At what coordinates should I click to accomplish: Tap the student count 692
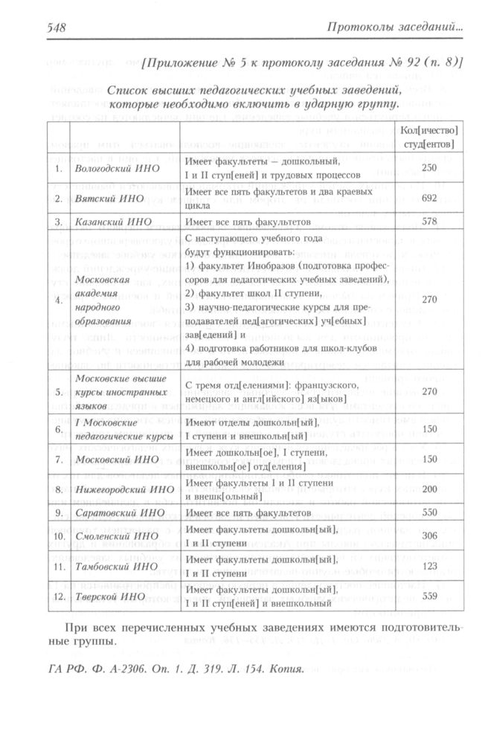tap(428, 199)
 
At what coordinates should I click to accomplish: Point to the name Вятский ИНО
tap(102, 199)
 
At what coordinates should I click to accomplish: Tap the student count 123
tap(428, 567)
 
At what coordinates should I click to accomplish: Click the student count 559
tap(428, 596)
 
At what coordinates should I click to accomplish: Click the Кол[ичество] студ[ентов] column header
tap(428, 137)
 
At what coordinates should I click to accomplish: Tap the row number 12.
tap(59, 596)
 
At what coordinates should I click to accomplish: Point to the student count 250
tap(428, 168)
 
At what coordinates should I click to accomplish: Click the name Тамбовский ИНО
tap(112, 567)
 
